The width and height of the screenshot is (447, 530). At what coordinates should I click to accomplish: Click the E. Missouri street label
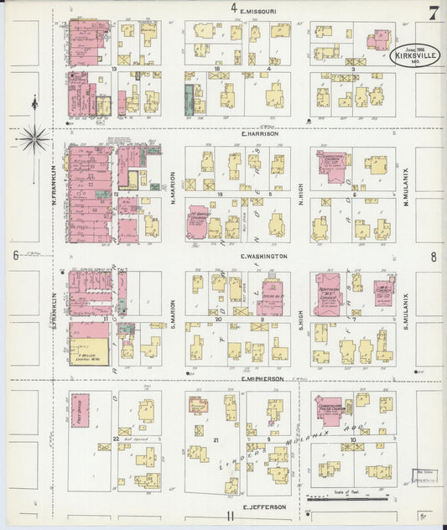[x=259, y=11]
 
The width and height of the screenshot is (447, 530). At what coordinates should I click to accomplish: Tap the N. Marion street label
[x=171, y=194]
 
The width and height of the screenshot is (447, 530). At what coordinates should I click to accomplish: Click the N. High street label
[x=299, y=195]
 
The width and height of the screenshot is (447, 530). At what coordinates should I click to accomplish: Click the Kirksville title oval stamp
[x=416, y=55]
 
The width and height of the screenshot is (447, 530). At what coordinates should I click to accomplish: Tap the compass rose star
[x=34, y=138]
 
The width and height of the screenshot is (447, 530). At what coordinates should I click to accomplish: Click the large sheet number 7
[x=433, y=13]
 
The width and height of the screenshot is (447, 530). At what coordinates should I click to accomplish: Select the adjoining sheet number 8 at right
[x=434, y=258]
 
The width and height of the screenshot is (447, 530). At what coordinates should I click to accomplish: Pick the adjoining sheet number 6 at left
[x=15, y=256]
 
